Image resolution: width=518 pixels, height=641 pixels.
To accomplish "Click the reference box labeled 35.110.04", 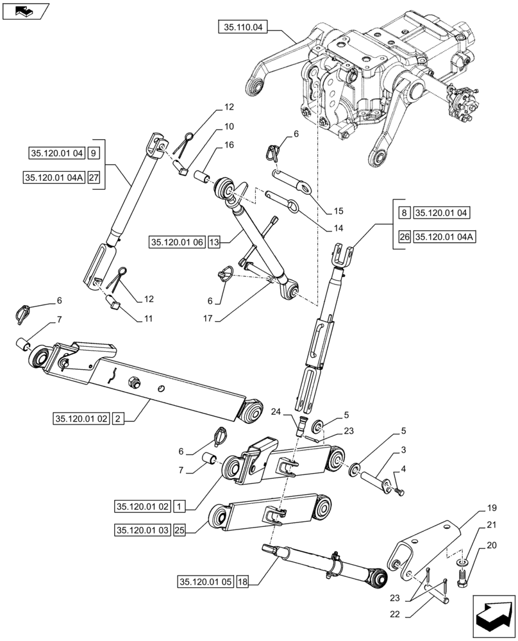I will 244,28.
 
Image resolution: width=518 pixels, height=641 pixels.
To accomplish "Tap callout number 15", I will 338,211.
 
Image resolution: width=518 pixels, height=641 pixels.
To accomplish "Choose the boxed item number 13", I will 214,242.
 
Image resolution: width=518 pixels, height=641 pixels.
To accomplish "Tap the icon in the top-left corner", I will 25,10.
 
